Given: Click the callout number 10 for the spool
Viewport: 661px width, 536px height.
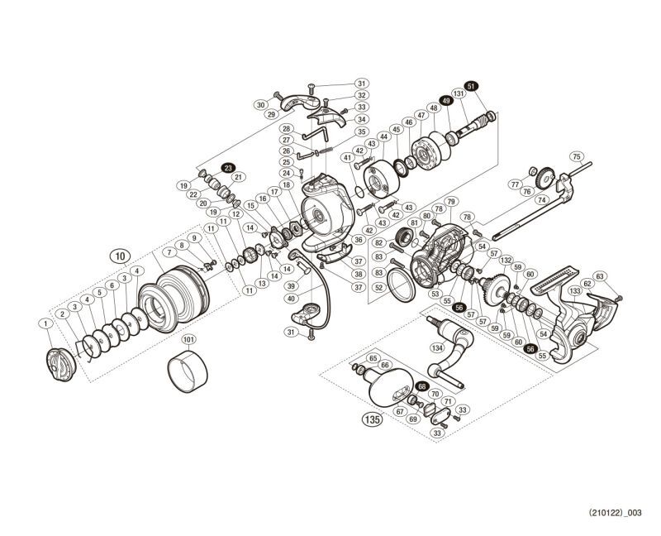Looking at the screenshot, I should [x=121, y=256].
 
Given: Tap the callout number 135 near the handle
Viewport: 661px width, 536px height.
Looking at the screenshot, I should [x=371, y=419].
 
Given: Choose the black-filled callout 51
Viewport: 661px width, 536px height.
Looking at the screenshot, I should [x=471, y=86].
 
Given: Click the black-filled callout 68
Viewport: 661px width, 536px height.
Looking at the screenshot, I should [x=422, y=386].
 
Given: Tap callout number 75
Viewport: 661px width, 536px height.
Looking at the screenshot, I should [x=577, y=156].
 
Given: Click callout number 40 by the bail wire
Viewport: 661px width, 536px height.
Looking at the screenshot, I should [x=292, y=298].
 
